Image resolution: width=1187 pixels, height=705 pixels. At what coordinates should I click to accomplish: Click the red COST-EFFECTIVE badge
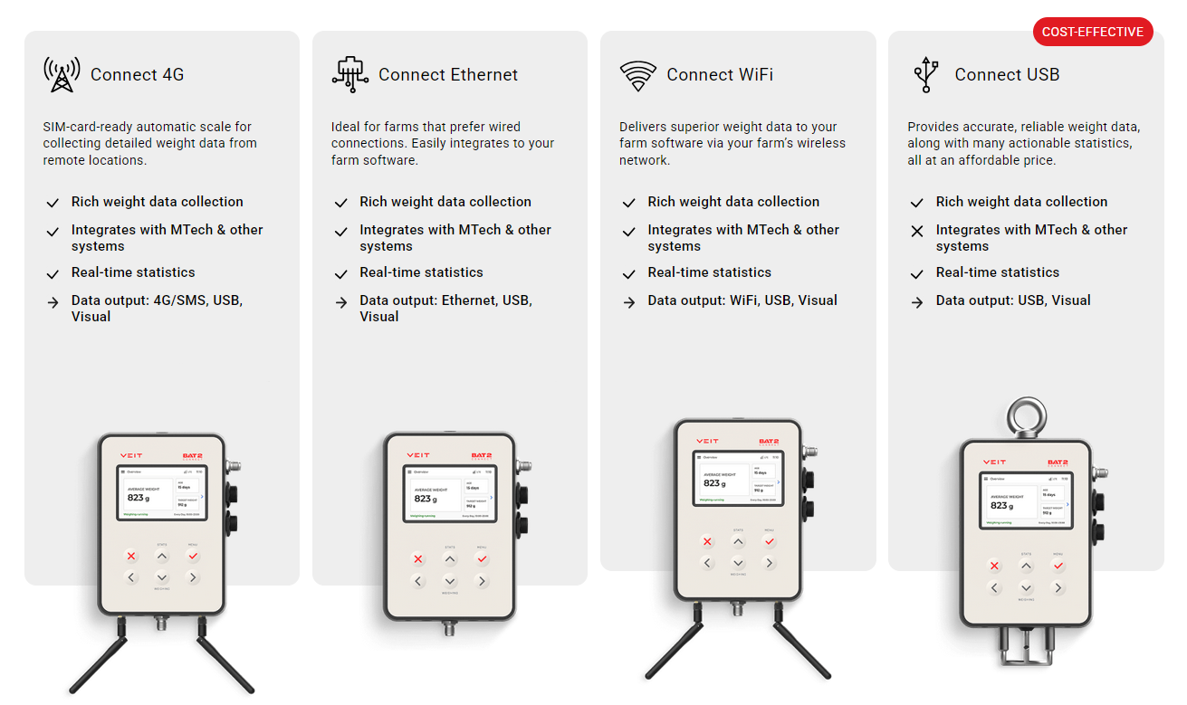(1092, 32)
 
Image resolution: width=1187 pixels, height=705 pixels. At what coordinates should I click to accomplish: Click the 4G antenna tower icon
(62, 74)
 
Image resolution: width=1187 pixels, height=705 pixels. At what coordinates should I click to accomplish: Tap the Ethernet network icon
(349, 74)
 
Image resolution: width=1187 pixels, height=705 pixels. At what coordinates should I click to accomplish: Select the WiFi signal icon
(637, 75)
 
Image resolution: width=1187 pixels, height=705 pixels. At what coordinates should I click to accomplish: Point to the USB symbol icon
(925, 74)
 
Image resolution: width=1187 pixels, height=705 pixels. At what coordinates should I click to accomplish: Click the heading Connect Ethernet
(447, 75)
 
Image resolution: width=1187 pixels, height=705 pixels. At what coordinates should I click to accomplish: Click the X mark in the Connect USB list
(917, 232)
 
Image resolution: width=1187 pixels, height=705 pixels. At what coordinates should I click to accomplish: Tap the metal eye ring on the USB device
(1026, 419)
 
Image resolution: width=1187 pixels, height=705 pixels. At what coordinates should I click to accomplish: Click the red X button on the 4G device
(131, 556)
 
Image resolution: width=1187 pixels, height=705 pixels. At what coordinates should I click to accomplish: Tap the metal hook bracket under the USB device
(1025, 646)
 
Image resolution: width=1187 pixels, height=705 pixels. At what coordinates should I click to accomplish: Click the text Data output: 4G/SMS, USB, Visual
(157, 309)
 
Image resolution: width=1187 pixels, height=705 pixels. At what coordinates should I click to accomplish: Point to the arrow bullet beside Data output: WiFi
(628, 302)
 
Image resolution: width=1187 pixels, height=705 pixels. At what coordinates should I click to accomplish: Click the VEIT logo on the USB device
(994, 462)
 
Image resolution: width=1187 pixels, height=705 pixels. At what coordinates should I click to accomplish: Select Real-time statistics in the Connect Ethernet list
(421, 272)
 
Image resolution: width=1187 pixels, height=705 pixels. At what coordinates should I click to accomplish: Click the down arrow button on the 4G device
(161, 577)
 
